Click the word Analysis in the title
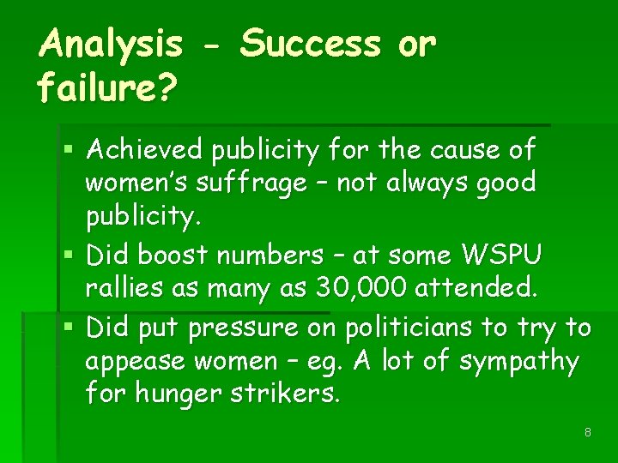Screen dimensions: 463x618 (x=111, y=44)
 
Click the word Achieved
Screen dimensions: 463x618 (x=145, y=151)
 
